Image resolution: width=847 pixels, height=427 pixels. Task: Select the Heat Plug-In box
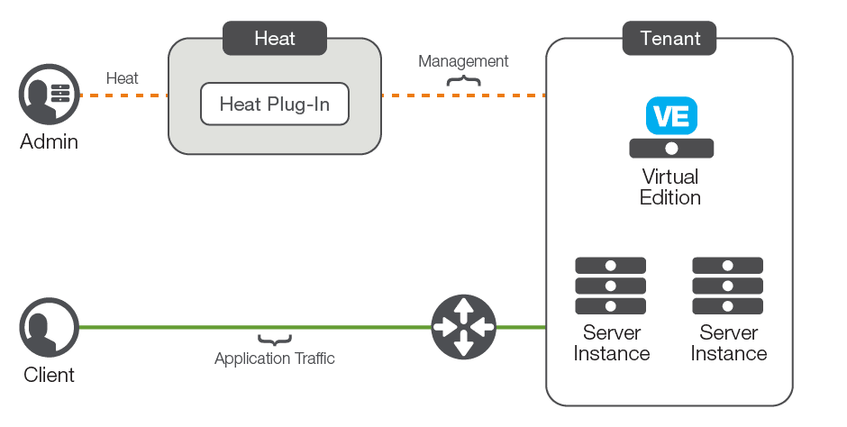coord(274,104)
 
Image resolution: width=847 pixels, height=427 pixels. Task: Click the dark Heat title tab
coord(275,39)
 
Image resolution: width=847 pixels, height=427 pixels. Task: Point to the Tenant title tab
coord(669,39)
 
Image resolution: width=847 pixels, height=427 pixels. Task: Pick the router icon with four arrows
coord(463,327)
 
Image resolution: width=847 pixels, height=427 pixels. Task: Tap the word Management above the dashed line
coord(463,61)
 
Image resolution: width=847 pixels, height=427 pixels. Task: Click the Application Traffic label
coord(274,359)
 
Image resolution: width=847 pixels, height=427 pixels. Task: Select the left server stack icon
coord(611,286)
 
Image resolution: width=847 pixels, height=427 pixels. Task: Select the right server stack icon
coord(727,286)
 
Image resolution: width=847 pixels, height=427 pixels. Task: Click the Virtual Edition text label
coord(670,186)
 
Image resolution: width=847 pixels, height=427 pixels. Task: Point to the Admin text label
coord(49,141)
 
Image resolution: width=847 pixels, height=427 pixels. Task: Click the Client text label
coord(49,374)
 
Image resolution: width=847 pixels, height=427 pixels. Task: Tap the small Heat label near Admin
coord(123,78)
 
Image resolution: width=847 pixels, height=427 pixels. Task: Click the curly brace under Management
coord(463,81)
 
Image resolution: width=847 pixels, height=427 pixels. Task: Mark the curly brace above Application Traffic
coord(274,341)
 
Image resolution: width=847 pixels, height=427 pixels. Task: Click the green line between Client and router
coord(252,328)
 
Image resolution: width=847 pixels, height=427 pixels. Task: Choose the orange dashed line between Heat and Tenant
coord(463,95)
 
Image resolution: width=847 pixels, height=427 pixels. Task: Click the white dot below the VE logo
coord(671,149)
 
